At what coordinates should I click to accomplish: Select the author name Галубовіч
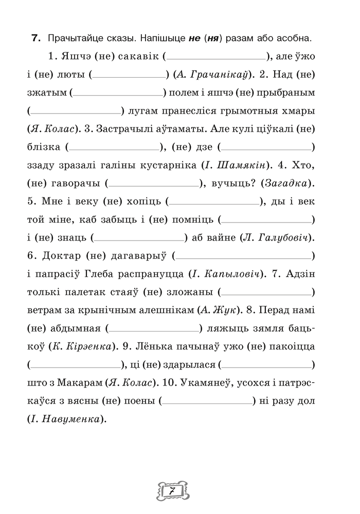coord(283,237)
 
